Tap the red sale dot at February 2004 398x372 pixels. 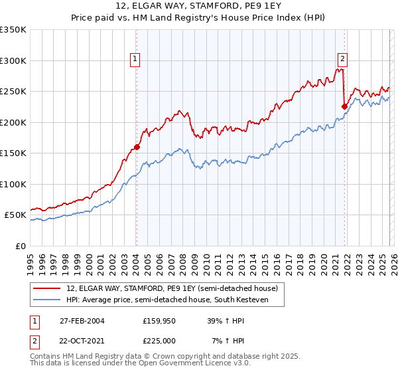pos(137,147)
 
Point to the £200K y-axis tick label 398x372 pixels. pos(13,122)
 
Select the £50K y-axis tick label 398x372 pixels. pos(15,215)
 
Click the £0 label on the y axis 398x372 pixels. pos(21,246)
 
